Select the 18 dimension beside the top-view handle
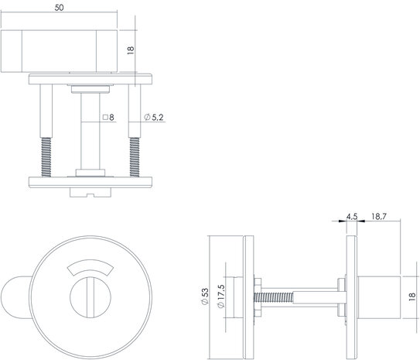coord(131,50)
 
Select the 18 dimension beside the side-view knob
coord(411,294)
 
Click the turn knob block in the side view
coord(380,295)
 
